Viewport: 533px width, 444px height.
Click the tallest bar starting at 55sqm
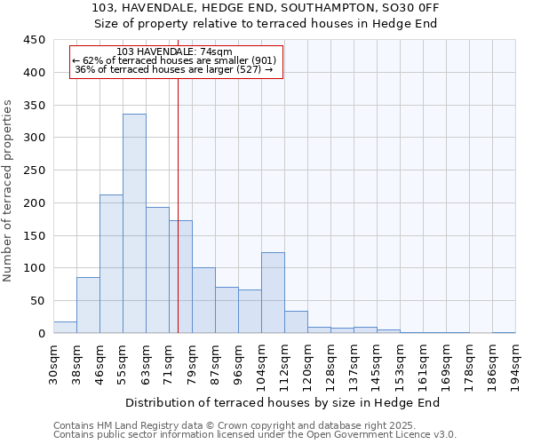[134, 224]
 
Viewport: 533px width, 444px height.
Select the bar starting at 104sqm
[273, 293]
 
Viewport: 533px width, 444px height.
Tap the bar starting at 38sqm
[88, 305]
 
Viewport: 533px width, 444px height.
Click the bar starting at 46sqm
[111, 264]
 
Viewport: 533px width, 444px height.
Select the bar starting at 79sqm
[203, 300]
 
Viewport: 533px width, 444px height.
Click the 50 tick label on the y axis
[37, 301]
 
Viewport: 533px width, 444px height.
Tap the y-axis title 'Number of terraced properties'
[8, 191]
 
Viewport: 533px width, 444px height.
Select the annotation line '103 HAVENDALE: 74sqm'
[174, 52]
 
